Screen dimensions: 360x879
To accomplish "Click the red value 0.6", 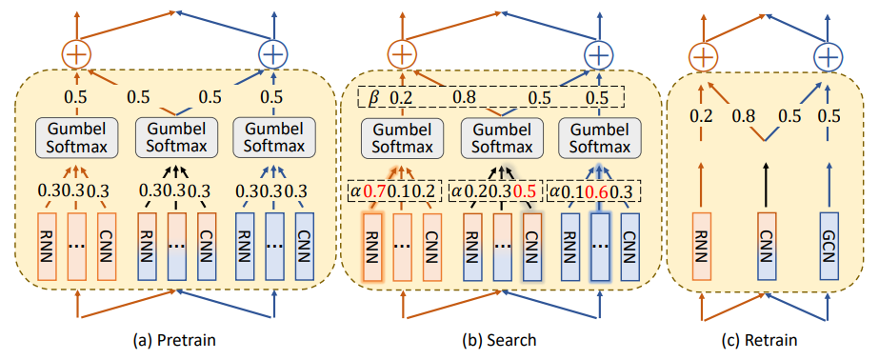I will pyautogui.click(x=598, y=191).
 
